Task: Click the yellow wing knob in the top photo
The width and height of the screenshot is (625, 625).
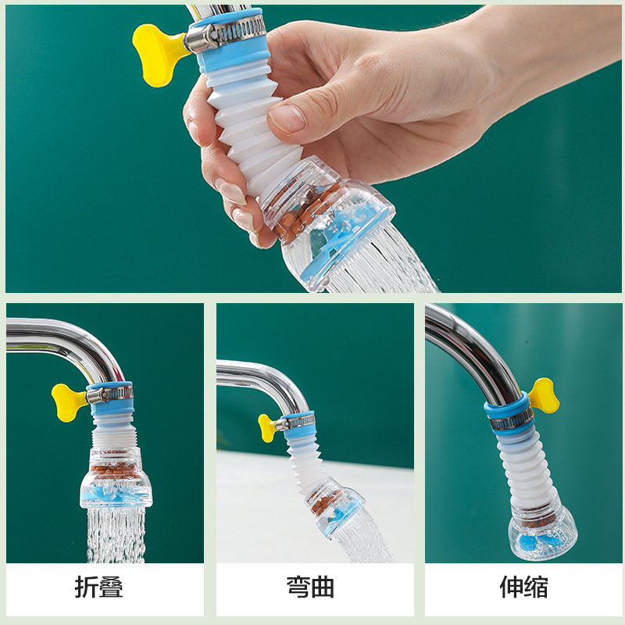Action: click(x=158, y=54)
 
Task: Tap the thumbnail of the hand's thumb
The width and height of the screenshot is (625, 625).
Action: click(x=287, y=119)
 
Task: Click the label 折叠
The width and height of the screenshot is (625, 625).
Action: click(x=99, y=587)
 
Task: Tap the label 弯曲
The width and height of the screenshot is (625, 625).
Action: click(x=310, y=587)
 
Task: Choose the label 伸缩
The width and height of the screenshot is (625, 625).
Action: click(x=523, y=587)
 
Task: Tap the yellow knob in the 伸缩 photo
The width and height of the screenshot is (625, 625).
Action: click(x=544, y=396)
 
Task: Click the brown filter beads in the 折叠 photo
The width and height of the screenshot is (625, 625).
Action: click(x=114, y=472)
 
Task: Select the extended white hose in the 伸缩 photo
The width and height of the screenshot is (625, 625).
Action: click(x=525, y=470)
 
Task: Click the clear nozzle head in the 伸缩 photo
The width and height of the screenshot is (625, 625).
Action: click(x=542, y=532)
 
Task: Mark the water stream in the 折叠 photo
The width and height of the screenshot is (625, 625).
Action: click(x=116, y=534)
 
